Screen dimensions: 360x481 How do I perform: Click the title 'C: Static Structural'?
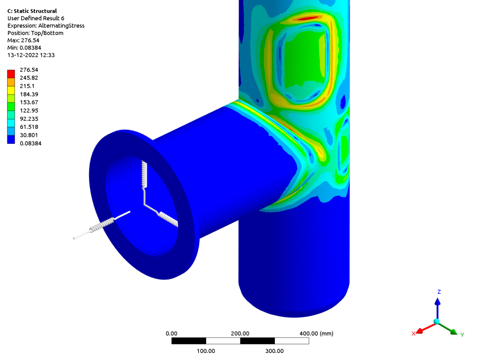coord(32,11)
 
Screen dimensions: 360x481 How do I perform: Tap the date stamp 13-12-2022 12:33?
coord(31,55)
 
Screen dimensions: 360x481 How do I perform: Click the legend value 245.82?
coord(29,78)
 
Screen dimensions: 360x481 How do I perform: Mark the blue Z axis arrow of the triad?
coord(437,303)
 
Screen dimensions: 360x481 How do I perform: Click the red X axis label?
coord(413,333)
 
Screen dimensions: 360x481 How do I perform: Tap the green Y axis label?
coord(462,335)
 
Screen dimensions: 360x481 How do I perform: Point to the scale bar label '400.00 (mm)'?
coord(316,333)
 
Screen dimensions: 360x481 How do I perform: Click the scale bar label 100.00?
coord(206,351)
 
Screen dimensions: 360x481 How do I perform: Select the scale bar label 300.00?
coord(274,351)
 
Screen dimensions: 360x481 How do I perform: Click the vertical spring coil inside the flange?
coord(145,174)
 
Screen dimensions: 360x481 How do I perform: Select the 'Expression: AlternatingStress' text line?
coord(46,26)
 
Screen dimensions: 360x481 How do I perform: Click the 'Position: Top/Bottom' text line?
coord(35,33)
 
